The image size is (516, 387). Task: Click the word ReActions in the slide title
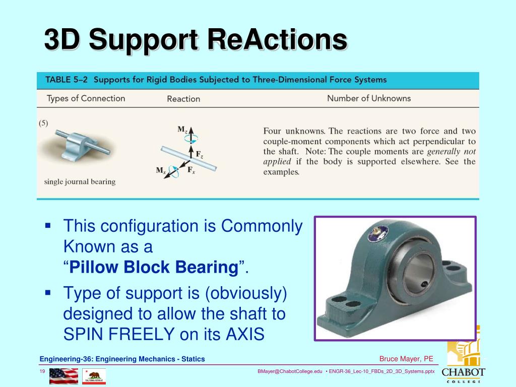pos(277,39)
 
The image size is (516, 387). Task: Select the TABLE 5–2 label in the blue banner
pos(67,80)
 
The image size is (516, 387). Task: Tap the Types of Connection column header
pos(86,98)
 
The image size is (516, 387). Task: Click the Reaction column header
pos(183,99)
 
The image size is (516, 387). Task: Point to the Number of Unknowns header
pos(369,98)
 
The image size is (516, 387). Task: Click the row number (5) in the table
pos(43,123)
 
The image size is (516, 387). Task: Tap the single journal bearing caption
pos(80,181)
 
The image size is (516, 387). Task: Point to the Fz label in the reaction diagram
pos(200,154)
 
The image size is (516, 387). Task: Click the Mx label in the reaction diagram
pos(161,170)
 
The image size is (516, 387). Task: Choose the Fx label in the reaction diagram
pos(191,170)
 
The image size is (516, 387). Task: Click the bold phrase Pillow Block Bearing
pos(154,267)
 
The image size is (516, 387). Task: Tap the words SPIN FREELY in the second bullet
pos(119,334)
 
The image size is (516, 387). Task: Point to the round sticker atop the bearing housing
pos(378,233)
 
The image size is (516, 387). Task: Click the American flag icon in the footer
pos(64,376)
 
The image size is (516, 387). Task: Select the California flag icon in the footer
pos(94,376)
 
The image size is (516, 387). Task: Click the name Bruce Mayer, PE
pos(406,359)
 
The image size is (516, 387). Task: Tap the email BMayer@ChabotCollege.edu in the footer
pos(290,371)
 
